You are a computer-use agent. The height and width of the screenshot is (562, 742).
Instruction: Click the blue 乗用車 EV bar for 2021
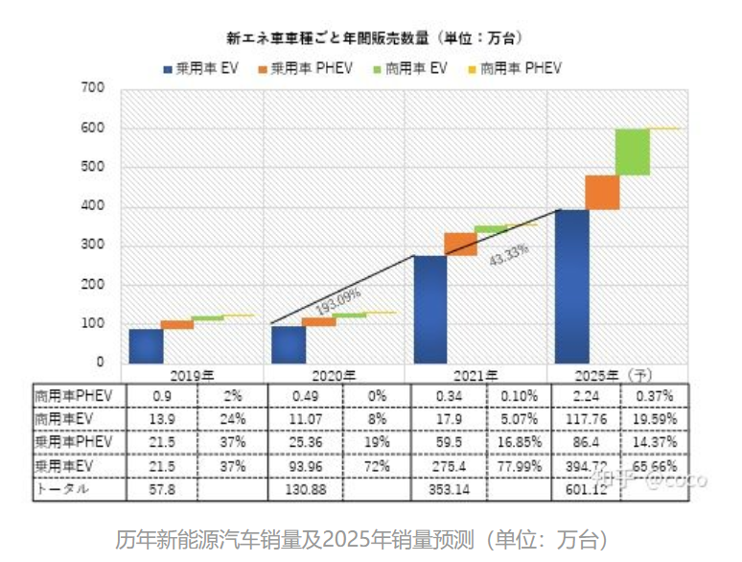click(430, 309)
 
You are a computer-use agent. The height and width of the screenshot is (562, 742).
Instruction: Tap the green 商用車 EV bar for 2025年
click(633, 152)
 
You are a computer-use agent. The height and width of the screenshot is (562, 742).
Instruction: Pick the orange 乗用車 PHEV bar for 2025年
click(602, 192)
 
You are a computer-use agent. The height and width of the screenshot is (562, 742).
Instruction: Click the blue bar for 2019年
click(146, 345)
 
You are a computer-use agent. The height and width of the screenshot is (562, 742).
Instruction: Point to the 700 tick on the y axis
click(92, 88)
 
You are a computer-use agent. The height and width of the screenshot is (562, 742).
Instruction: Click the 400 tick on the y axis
click(92, 206)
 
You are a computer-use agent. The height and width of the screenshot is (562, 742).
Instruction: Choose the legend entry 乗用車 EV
click(201, 68)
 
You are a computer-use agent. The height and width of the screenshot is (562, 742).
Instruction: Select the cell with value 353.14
click(448, 489)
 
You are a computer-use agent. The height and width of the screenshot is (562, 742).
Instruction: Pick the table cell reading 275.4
click(448, 466)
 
